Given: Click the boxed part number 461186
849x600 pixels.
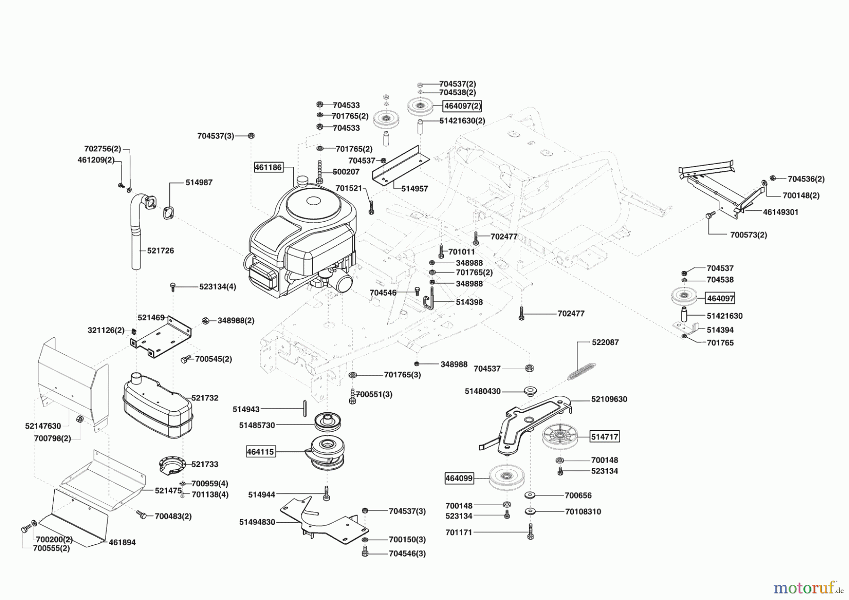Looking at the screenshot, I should tap(268, 167).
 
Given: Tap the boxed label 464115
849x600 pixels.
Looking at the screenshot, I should tap(260, 452).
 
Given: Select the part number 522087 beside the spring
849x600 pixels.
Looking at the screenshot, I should tap(605, 342).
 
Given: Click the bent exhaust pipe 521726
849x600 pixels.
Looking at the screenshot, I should tap(136, 231).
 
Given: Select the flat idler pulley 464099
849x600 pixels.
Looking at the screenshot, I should tap(506, 478).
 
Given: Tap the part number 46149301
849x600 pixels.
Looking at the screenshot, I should tap(781, 212).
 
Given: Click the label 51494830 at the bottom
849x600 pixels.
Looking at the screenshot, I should tap(257, 522).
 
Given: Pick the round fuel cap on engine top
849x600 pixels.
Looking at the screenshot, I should tap(301, 181).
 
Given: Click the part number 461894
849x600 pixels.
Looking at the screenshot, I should tap(122, 542).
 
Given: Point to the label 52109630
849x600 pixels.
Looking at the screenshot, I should tap(609, 399).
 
